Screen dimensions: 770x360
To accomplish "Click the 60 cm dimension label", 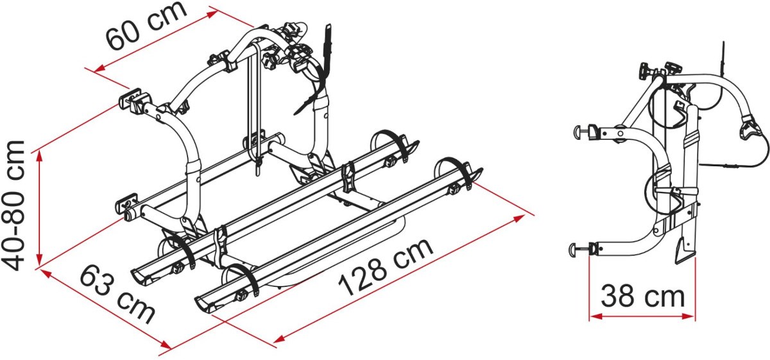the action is [147, 26].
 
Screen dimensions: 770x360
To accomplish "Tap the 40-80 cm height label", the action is [13, 205].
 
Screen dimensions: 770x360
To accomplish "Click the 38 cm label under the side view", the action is [643, 296].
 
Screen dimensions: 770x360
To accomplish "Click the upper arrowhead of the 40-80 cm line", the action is [40, 157].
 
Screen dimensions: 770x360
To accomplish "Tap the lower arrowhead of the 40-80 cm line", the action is [40, 260].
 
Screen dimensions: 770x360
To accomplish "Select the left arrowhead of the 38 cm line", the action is [595, 316].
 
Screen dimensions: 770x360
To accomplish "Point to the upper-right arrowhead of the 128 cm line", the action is [519, 218].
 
